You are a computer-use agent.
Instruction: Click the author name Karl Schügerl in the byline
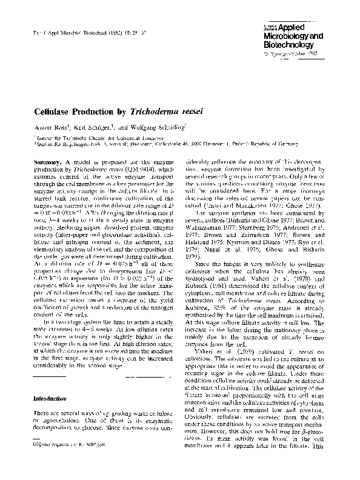click(90, 128)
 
